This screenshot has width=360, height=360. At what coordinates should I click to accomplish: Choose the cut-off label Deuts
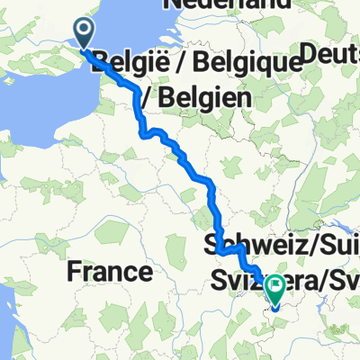[333, 56]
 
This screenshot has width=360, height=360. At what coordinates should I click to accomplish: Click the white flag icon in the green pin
[274, 286]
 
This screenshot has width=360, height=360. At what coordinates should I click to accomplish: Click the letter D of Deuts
[310, 56]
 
